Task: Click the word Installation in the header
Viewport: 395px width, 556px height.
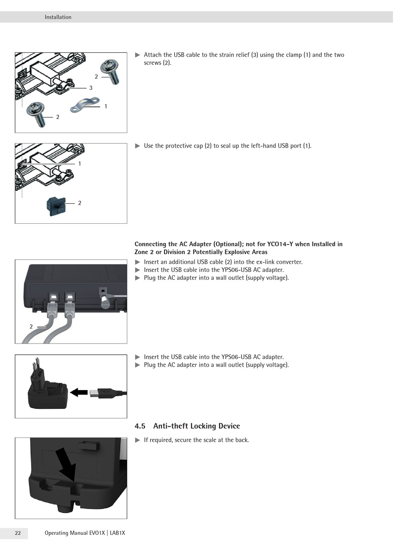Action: click(x=58, y=17)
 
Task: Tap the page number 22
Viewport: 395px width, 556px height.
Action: click(x=18, y=533)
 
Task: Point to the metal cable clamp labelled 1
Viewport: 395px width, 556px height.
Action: click(x=85, y=104)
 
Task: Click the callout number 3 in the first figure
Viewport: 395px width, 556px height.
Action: click(x=91, y=88)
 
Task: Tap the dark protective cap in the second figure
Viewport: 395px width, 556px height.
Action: click(x=56, y=206)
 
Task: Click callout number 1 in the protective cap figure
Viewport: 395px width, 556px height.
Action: click(x=80, y=163)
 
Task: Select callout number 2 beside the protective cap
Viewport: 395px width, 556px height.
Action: click(x=80, y=203)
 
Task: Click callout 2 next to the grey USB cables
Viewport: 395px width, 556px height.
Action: click(x=31, y=326)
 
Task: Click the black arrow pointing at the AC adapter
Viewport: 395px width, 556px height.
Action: click(x=79, y=393)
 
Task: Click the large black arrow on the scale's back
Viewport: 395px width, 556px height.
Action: click(x=66, y=465)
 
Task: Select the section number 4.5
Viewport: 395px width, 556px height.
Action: click(x=140, y=426)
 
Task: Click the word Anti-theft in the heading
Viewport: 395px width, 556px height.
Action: click(x=170, y=426)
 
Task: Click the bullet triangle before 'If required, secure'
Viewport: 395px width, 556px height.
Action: click(x=138, y=440)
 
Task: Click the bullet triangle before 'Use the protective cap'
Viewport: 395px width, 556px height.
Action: click(x=138, y=146)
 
